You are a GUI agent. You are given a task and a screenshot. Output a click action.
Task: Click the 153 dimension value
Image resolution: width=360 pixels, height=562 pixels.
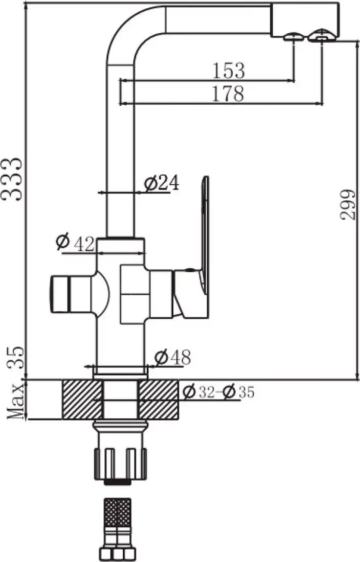click(229, 71)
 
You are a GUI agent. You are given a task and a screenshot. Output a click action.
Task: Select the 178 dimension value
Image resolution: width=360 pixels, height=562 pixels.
click(229, 93)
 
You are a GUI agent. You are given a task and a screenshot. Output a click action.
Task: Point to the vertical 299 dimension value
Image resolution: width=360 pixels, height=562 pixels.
click(348, 204)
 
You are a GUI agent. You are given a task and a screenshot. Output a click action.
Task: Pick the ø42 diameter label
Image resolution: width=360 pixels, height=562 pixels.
click(76, 243)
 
